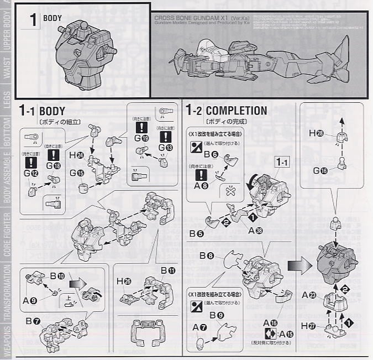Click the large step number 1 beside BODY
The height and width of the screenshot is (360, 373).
(x=32, y=20)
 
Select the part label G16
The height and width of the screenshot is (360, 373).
(x=320, y=170)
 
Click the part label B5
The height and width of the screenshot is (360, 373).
(x=196, y=233)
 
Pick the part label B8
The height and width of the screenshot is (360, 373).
(x=207, y=256)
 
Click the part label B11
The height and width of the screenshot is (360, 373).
(x=168, y=270)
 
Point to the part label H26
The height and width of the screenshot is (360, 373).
(x=124, y=281)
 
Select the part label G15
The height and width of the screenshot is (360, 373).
(x=77, y=173)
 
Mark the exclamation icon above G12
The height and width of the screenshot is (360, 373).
(x=31, y=163)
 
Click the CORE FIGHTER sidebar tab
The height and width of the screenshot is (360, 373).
(x=7, y=233)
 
